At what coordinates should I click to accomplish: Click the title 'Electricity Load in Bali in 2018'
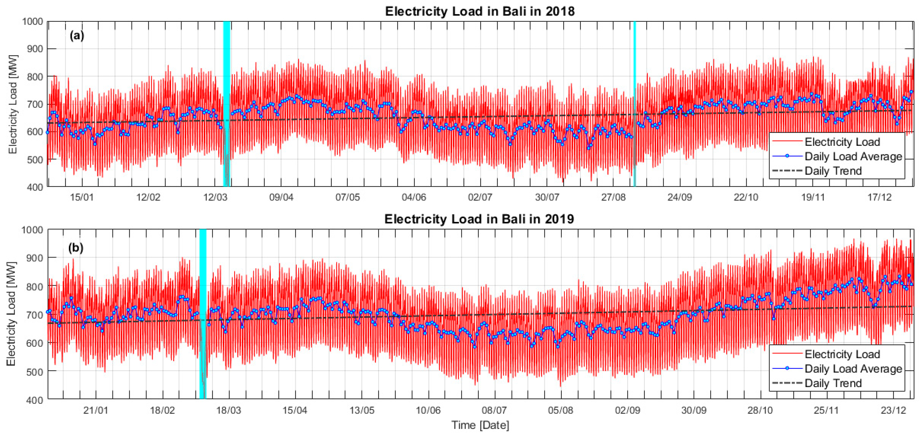pyautogui.click(x=479, y=11)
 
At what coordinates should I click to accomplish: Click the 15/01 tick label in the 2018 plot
pyautogui.click(x=82, y=197)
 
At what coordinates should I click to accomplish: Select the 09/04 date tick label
pyautogui.click(x=281, y=197)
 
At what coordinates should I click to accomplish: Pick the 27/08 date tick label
pyautogui.click(x=613, y=197)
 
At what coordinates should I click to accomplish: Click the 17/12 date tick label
pyautogui.click(x=879, y=197)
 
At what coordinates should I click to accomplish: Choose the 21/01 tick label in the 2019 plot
pyautogui.click(x=96, y=410)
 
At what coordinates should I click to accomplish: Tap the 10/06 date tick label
pyautogui.click(x=428, y=410)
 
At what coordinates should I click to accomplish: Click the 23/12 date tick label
pyautogui.click(x=893, y=410)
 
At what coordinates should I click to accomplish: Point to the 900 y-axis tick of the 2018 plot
pyautogui.click(x=35, y=49)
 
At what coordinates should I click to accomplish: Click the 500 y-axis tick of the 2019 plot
pyautogui.click(x=35, y=371)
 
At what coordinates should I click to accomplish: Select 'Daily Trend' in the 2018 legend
pyautogui.click(x=833, y=171)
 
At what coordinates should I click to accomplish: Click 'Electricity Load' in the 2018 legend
pyautogui.click(x=842, y=142)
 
